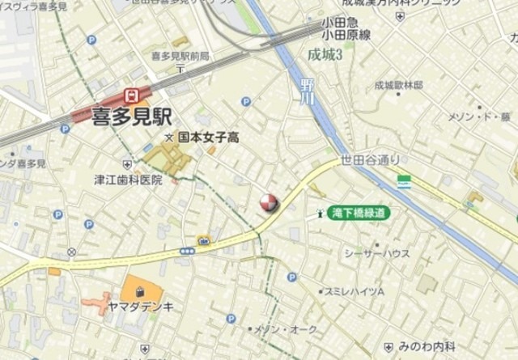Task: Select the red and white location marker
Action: click(x=268, y=204)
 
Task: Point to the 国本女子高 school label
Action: click(x=208, y=138)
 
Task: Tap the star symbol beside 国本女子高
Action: click(x=169, y=138)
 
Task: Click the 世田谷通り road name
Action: click(x=370, y=159)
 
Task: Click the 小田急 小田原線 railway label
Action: click(x=345, y=30)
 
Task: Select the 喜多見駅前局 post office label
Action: click(x=180, y=56)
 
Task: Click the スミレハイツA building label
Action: click(x=354, y=290)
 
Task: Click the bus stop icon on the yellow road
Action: click(x=187, y=252)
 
